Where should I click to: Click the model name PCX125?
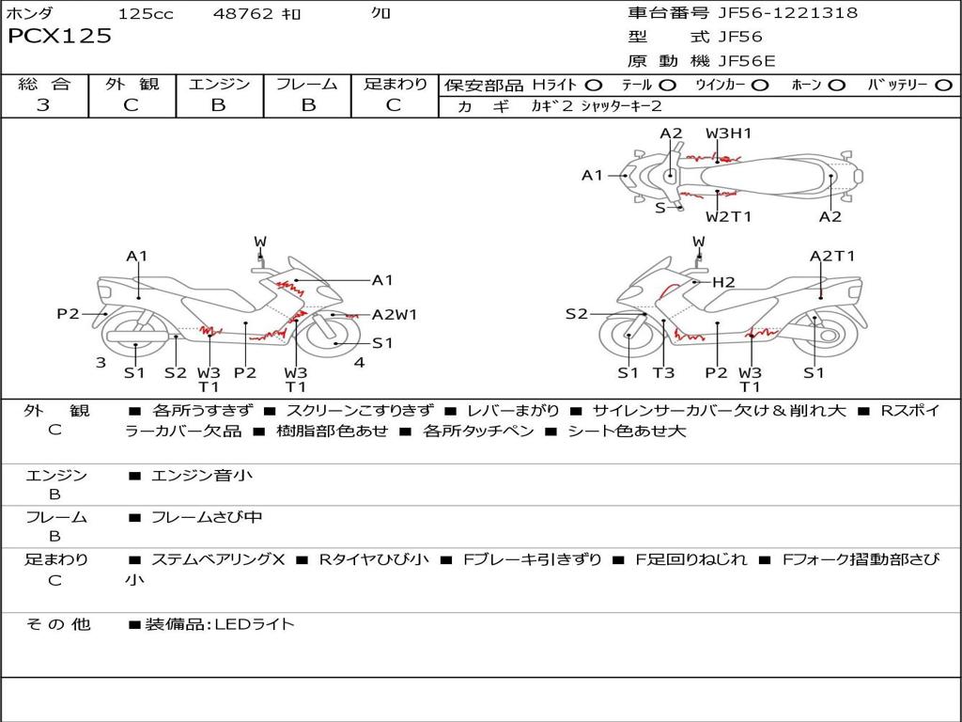click(x=59, y=37)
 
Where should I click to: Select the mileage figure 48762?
click(x=242, y=14)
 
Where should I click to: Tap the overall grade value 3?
click(x=43, y=104)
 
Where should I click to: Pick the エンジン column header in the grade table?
click(x=219, y=84)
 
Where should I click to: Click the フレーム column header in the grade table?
click(x=307, y=84)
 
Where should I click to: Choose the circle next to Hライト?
click(x=594, y=86)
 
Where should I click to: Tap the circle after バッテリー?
click(x=943, y=86)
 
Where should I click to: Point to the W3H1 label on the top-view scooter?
click(x=729, y=133)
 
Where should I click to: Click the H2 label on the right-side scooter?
click(x=722, y=282)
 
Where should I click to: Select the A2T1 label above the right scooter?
click(x=832, y=256)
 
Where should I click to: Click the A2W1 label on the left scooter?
click(x=395, y=315)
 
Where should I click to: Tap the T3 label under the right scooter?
click(x=663, y=372)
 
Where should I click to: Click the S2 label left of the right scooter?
click(x=576, y=314)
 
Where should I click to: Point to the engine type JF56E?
click(x=747, y=61)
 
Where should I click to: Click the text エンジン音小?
click(x=202, y=476)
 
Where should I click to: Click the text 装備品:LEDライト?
click(x=219, y=623)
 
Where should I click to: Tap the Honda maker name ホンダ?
click(x=31, y=13)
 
